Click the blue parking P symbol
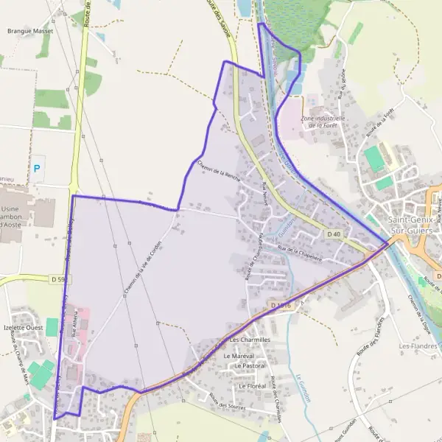[37, 169]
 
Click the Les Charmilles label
[250, 340]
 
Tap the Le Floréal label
[251, 385]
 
